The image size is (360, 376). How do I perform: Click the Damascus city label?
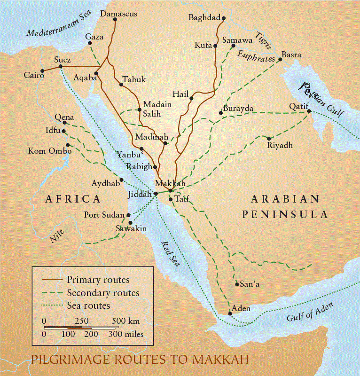pyautogui.click(x=119, y=14)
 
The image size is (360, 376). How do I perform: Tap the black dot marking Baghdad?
pyautogui.click(x=224, y=18)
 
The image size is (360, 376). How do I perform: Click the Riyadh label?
pyautogui.click(x=280, y=146)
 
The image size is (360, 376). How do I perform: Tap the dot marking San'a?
pyautogui.click(x=236, y=284)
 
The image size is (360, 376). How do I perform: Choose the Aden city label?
pyautogui.click(x=242, y=309)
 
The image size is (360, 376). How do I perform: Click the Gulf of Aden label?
pyautogui.click(x=310, y=312)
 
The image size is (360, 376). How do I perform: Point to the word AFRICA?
pyautogui.click(x=73, y=199)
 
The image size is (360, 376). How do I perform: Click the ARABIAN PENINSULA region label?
pyautogui.click(x=285, y=207)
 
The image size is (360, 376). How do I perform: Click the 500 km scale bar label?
pyautogui.click(x=126, y=321)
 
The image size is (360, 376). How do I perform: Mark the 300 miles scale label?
pyautogui.click(x=126, y=335)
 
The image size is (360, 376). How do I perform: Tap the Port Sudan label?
pyautogui.click(x=104, y=215)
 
